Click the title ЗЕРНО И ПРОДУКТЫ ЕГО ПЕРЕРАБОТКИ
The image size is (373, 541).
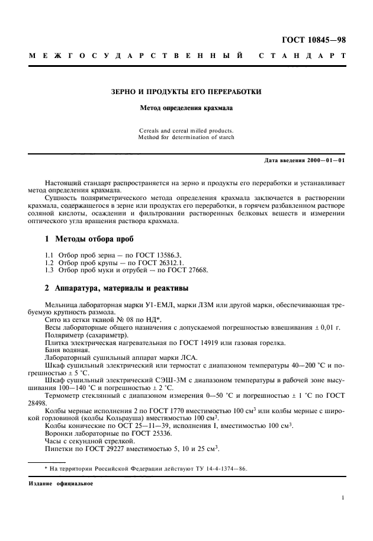[x=186, y=92]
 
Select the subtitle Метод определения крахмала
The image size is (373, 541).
[x=186, y=108]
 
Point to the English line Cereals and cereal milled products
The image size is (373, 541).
[x=186, y=130]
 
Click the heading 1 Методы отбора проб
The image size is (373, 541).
[x=90, y=239]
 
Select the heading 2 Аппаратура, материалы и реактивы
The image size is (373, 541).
[x=117, y=288]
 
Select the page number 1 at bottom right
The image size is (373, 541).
[x=344, y=498]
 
